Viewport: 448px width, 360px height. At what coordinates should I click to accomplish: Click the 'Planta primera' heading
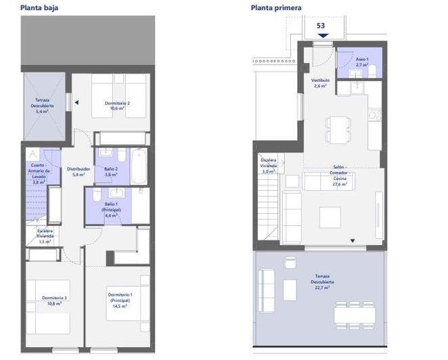(x=276, y=8)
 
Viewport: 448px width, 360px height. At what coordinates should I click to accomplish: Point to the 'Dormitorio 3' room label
(x=54, y=300)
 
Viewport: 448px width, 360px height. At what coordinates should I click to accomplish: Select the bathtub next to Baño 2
(x=137, y=166)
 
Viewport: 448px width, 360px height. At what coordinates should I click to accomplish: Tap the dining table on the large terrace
(x=355, y=314)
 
